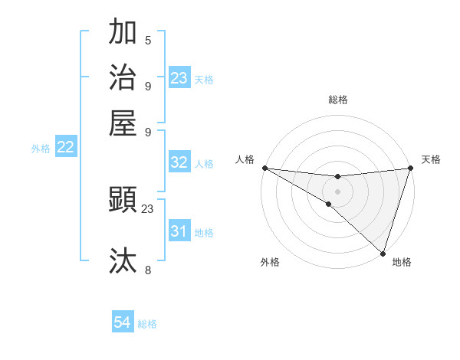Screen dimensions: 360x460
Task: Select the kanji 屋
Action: point(123,122)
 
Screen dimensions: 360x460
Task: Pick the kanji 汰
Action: point(123,260)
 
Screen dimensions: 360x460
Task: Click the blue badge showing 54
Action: point(123,323)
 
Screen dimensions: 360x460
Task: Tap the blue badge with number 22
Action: point(65,148)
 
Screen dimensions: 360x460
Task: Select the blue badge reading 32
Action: point(179,162)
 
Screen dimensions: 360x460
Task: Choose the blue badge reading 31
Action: point(179,231)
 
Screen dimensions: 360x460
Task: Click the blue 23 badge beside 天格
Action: point(179,78)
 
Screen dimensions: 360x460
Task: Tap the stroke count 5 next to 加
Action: point(148,41)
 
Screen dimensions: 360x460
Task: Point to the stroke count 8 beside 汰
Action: point(148,270)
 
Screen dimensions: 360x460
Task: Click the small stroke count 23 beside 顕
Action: point(148,208)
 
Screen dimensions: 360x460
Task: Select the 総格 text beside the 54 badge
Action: point(147,324)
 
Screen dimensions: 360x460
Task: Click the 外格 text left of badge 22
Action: point(41,149)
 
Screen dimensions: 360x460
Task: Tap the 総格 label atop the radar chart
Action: point(337,100)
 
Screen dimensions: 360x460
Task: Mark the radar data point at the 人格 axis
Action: point(264,167)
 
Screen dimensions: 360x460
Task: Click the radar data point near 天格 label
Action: point(410,168)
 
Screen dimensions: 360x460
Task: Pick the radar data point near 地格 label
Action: point(383,253)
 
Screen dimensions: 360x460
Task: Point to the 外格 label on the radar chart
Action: point(270,262)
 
